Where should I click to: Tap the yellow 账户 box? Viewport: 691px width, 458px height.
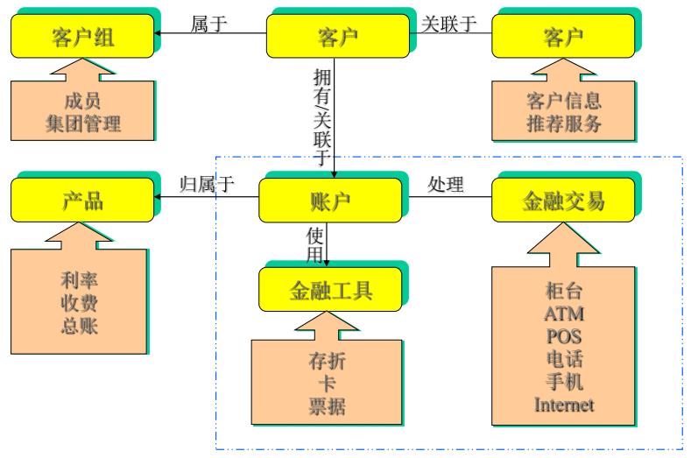click(331, 201)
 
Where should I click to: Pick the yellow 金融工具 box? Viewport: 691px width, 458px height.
click(331, 289)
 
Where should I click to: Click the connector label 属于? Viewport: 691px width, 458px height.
click(208, 24)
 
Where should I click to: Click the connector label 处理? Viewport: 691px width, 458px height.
click(445, 186)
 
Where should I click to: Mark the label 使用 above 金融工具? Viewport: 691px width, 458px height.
click(315, 244)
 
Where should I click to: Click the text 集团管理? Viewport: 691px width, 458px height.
click(83, 123)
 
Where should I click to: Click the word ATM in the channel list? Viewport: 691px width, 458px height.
click(564, 314)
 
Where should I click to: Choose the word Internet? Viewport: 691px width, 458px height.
click(564, 404)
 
